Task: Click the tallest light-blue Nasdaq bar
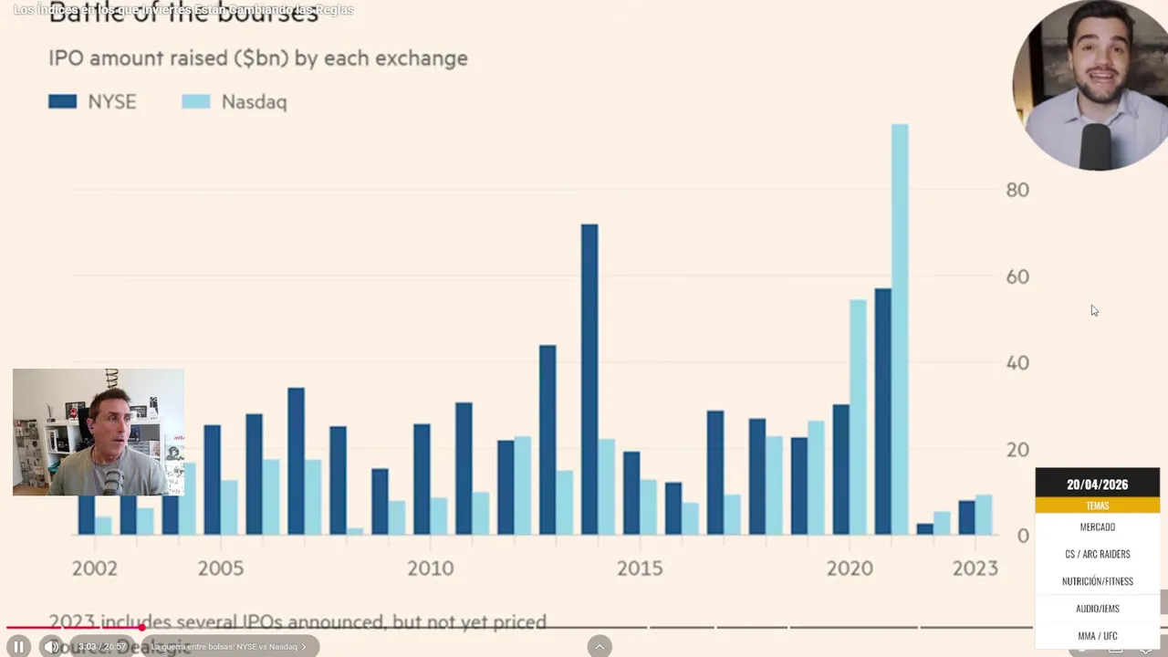[x=900, y=328]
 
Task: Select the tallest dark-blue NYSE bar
[x=589, y=379]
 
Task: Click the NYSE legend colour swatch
[x=62, y=101]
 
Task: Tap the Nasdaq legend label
[x=254, y=102]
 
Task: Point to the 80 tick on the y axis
[x=1017, y=190]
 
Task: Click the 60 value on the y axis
[x=1017, y=276]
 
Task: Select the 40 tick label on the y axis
[x=1017, y=363]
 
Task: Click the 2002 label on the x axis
[x=95, y=568]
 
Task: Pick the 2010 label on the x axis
[x=430, y=568]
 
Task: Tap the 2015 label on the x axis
[x=640, y=568]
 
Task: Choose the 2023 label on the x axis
[x=975, y=568]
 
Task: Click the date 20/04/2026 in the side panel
[x=1097, y=485]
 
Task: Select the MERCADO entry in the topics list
[x=1097, y=527]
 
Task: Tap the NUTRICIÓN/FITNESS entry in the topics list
[x=1097, y=581]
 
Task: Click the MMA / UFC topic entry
[x=1097, y=636]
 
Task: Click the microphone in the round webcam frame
[x=1095, y=146]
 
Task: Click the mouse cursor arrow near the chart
[x=1094, y=311]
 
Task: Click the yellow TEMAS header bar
[x=1097, y=506]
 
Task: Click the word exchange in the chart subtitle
[x=426, y=58]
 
